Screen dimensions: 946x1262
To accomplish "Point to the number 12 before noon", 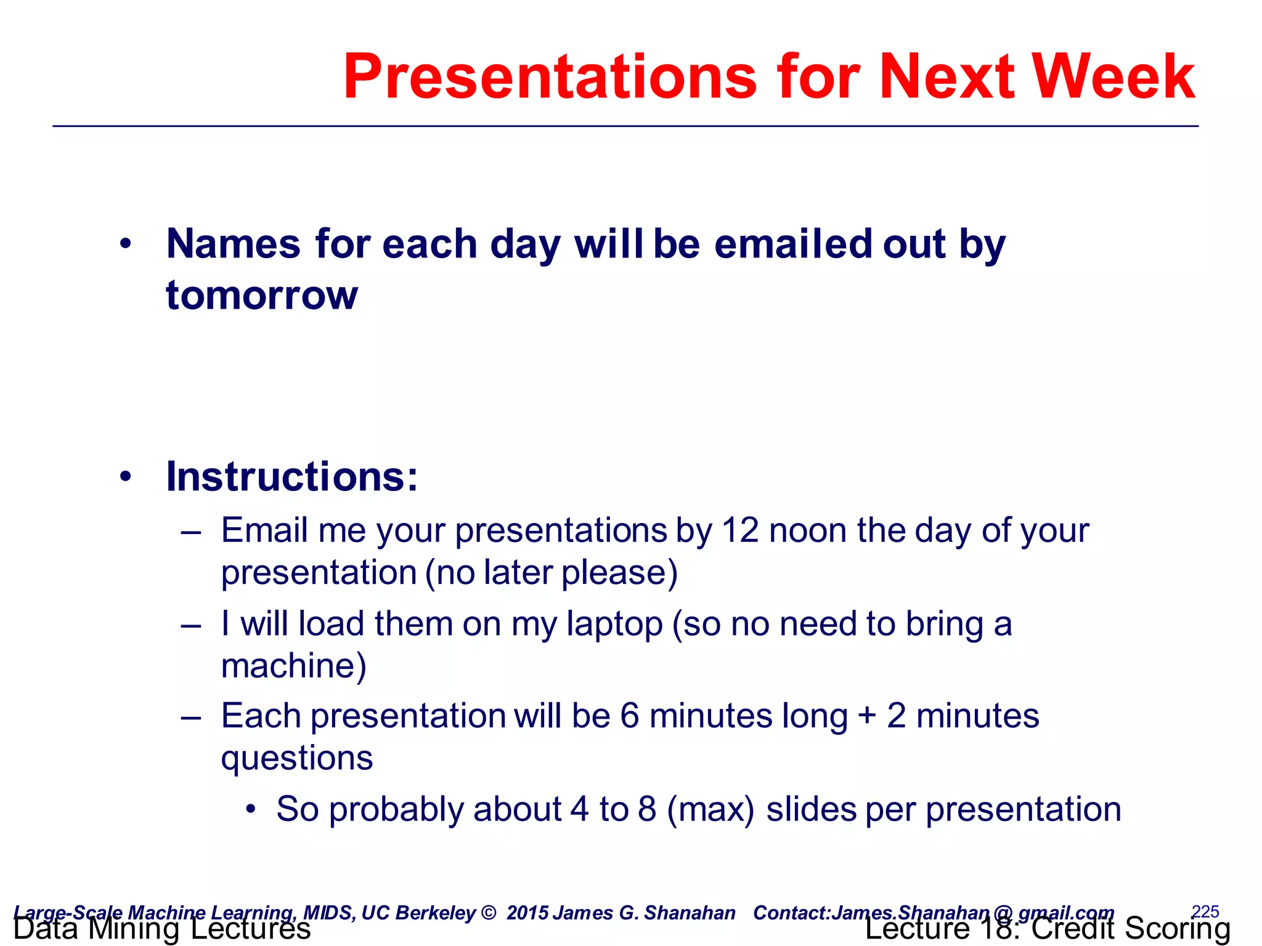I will point(739,530).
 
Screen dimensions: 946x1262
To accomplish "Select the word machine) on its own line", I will point(294,666).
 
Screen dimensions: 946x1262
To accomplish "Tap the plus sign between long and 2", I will point(866,716).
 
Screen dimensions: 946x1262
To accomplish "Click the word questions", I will point(297,758).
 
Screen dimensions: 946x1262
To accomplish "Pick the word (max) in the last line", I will point(710,809).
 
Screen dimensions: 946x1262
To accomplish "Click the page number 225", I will point(1205,911).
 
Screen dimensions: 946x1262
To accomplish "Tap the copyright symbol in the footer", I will point(488,913).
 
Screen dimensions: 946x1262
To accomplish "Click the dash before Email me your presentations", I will point(191,532).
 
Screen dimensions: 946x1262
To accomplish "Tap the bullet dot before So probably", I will point(250,809).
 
